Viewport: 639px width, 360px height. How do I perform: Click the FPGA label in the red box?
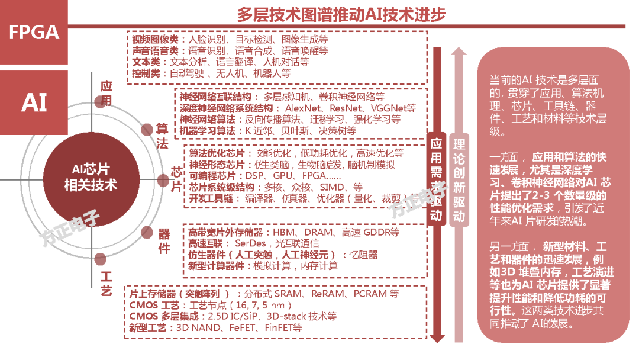34,31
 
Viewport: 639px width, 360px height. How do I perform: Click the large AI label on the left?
34,102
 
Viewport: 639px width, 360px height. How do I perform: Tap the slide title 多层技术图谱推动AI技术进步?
341,14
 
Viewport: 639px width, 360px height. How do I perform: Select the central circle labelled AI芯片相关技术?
90,177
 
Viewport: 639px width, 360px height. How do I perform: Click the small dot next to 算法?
147,130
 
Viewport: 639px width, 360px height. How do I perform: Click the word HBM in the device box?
277,232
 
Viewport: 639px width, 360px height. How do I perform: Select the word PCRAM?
372,294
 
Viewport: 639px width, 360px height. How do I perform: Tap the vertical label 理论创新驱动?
459,181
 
